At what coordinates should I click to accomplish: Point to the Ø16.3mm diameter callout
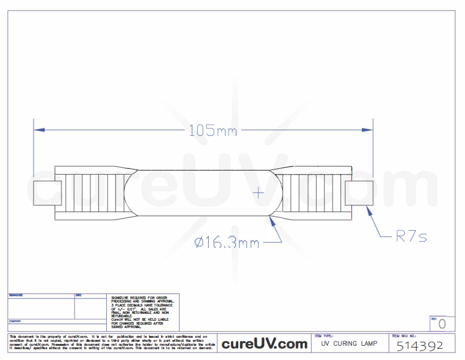(x=227, y=243)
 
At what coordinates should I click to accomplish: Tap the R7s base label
(x=411, y=237)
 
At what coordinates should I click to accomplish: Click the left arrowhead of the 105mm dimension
(x=38, y=130)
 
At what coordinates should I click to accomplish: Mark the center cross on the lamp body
(x=259, y=193)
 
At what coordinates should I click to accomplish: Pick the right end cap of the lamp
(x=359, y=193)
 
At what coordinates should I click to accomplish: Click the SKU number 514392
(x=420, y=345)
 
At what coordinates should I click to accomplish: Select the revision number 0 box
(x=442, y=324)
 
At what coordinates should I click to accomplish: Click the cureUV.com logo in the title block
(x=264, y=344)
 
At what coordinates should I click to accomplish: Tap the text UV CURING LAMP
(x=349, y=344)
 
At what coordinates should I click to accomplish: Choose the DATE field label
(x=78, y=296)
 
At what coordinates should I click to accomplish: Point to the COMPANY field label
(x=15, y=321)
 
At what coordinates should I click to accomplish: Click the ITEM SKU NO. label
(x=405, y=336)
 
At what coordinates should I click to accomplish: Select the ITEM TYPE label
(x=324, y=336)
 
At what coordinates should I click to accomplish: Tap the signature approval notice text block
(x=142, y=312)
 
